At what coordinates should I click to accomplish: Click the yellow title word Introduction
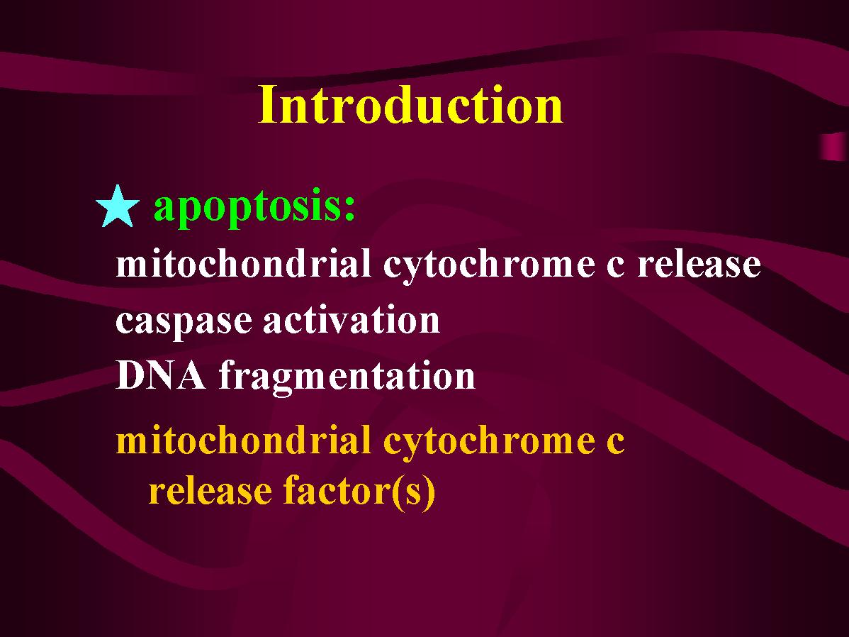pyautogui.click(x=410, y=105)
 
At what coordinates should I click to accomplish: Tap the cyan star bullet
pyautogui.click(x=118, y=206)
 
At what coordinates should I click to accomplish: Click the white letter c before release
pyautogui.click(x=615, y=268)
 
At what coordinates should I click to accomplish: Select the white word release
pyautogui.click(x=699, y=263)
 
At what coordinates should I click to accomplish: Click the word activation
pyautogui.click(x=352, y=318)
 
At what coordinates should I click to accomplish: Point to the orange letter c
pyautogui.click(x=615, y=444)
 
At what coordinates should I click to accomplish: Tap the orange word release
pyautogui.click(x=210, y=491)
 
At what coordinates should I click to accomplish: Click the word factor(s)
pyautogui.click(x=359, y=492)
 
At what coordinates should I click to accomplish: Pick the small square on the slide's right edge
pyautogui.click(x=834, y=146)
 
